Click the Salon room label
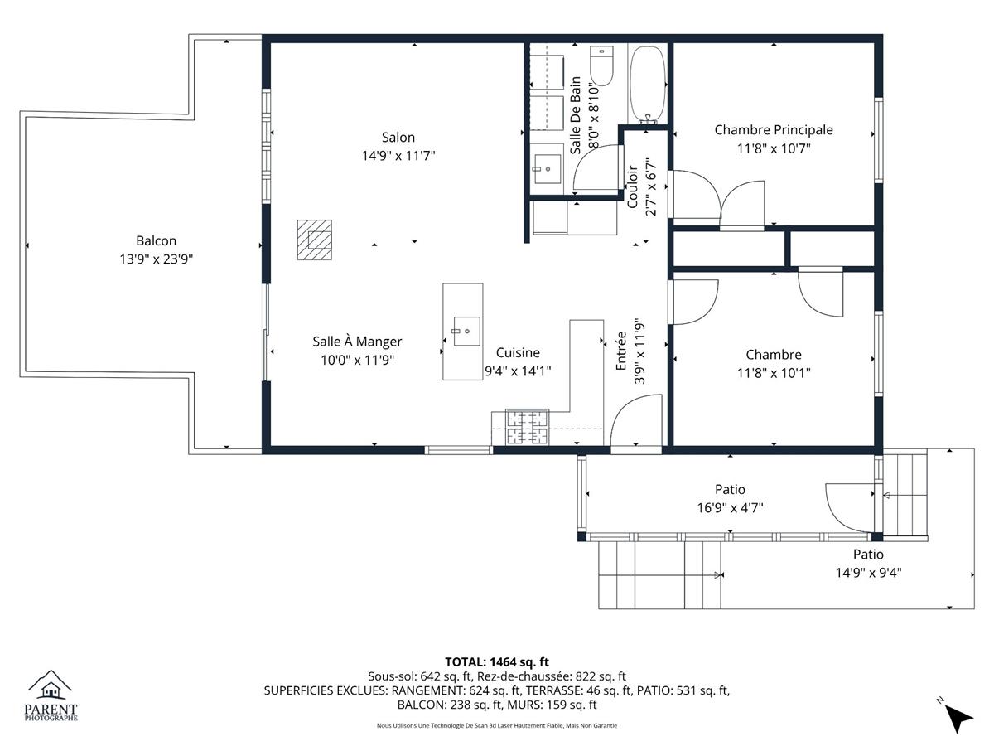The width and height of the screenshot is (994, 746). pos(398,138)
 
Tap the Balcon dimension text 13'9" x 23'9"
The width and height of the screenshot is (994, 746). pos(157,259)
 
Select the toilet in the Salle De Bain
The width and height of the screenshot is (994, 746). pos(602,65)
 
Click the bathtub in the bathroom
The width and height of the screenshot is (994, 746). pos(648,84)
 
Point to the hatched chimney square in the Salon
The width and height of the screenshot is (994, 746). pos(314,240)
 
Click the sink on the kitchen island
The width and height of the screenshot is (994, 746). pos(466,331)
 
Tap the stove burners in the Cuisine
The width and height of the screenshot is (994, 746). pos(528,427)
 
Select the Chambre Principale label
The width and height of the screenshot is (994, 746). pos(774,130)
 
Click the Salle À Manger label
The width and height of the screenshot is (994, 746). pos(357,342)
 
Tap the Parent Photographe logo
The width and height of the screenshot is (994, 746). pos(51,695)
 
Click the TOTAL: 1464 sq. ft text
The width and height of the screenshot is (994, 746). pos(497,662)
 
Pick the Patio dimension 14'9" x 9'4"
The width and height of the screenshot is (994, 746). pos(868,573)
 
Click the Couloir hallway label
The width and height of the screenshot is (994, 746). pos(633,186)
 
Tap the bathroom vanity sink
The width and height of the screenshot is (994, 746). pos(548,169)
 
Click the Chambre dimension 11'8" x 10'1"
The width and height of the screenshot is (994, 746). pos(774,373)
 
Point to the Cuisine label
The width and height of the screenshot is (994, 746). pos(518,352)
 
